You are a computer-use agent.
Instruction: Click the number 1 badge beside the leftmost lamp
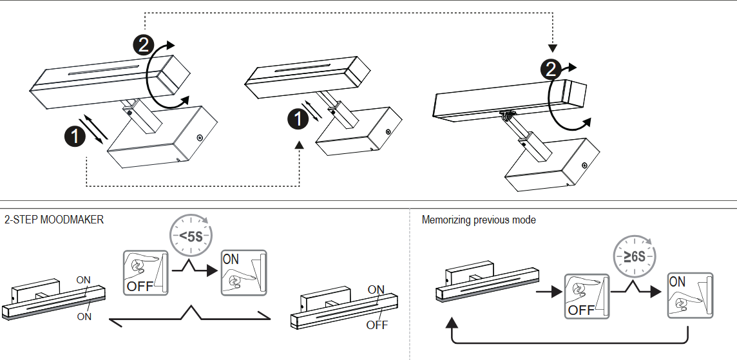[x=75, y=137]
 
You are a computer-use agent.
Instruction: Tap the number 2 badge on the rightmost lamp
[x=551, y=69]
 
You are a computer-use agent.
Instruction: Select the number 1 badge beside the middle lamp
[x=298, y=118]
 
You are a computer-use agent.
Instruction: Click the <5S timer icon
[x=191, y=236]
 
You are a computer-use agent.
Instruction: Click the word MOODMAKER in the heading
[x=72, y=220]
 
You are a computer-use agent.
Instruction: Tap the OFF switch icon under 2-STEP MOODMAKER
[x=145, y=273]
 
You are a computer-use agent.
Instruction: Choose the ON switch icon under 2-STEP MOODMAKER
[x=243, y=273]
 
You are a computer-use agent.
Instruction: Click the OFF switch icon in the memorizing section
[x=586, y=296]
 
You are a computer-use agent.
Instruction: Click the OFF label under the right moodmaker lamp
[x=377, y=325]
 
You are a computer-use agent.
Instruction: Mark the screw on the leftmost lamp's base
[x=199, y=138]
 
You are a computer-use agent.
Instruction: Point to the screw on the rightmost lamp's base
[x=584, y=165]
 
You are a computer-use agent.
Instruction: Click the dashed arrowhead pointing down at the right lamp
[x=552, y=48]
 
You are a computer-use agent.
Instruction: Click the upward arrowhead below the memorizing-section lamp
[x=452, y=321]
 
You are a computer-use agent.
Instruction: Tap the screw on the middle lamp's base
[x=387, y=132]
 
